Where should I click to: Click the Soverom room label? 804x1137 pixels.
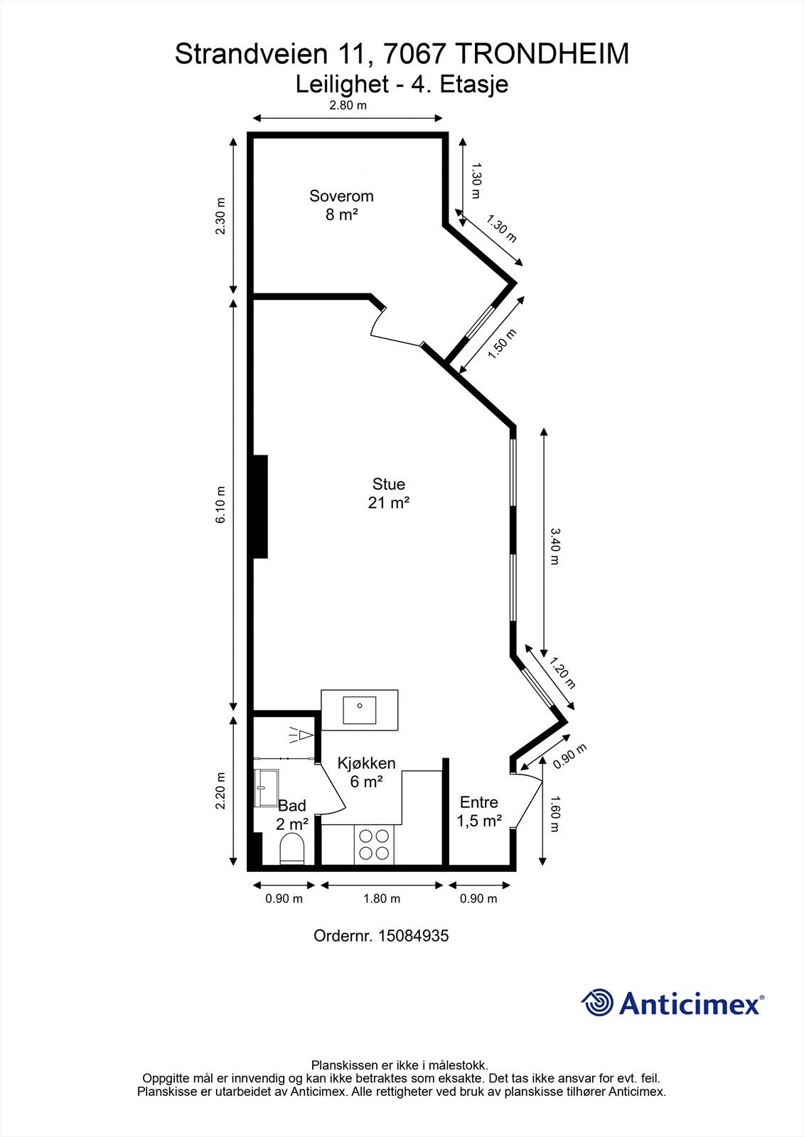(341, 196)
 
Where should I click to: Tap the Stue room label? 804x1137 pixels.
(389, 484)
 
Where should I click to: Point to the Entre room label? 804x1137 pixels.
(479, 802)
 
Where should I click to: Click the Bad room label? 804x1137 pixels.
(292, 806)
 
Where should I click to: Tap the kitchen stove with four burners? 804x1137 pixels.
(375, 846)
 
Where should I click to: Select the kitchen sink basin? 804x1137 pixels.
(360, 710)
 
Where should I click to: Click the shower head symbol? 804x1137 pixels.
(301, 735)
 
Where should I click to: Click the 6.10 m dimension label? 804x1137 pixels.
(220, 505)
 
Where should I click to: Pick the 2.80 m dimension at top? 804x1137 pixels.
(348, 106)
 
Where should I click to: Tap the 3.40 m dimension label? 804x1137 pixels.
(554, 546)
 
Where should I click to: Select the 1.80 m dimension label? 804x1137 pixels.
(382, 899)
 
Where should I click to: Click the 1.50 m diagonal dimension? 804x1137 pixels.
(502, 344)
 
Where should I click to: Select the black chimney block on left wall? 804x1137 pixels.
(260, 507)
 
